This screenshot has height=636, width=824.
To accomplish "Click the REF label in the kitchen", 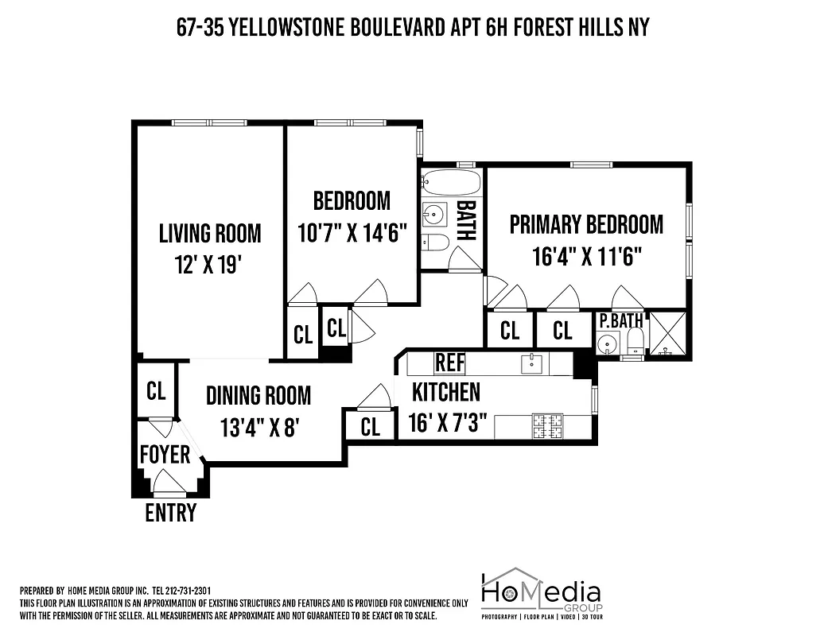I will (x=449, y=363).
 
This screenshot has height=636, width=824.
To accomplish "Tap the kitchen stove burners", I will (x=546, y=426).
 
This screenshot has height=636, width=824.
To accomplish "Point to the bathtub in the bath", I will (x=451, y=183).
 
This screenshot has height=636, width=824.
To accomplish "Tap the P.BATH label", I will (x=620, y=321).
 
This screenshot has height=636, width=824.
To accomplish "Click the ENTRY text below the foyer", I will (x=170, y=513).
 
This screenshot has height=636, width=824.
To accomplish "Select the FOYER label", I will (x=165, y=454).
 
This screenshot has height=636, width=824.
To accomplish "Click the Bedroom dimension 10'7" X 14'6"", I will (x=352, y=234).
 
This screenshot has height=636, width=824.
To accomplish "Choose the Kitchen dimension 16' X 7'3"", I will (x=447, y=422).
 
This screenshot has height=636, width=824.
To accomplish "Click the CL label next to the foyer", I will (x=156, y=390).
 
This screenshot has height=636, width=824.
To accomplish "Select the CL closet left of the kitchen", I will (x=370, y=427).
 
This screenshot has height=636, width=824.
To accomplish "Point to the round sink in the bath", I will (x=434, y=214).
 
